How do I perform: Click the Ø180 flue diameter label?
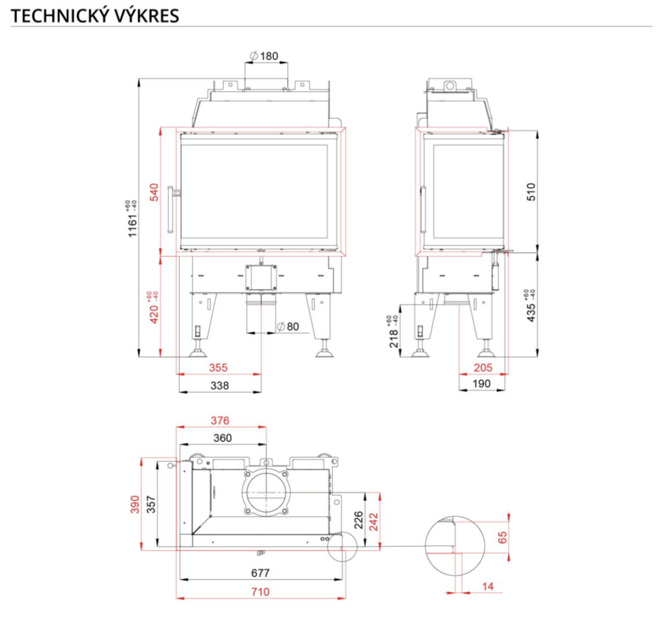[x=264, y=56]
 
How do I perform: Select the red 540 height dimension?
[x=154, y=192]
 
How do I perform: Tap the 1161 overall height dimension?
[x=133, y=220]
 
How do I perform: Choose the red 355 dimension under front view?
[x=218, y=367]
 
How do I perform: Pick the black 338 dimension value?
[x=219, y=385]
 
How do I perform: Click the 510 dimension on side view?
[x=532, y=191]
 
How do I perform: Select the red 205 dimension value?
[x=483, y=367]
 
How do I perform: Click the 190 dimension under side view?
[x=481, y=383]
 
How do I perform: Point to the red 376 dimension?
[x=220, y=420]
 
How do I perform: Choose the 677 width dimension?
[x=260, y=573]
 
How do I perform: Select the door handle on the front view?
[x=171, y=209]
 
